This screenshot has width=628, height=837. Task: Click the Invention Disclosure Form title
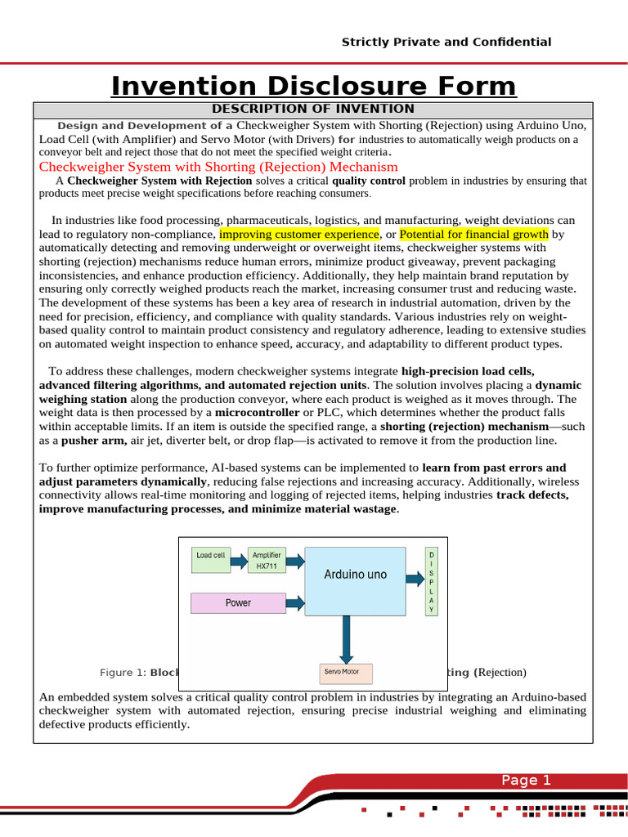point(314,86)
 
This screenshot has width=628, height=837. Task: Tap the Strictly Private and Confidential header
point(446,42)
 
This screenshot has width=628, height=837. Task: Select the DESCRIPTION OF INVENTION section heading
point(313,109)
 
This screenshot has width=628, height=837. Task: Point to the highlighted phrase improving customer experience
point(299,234)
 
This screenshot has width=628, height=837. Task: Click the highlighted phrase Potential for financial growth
point(474,234)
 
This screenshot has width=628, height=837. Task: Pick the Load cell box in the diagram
point(210,561)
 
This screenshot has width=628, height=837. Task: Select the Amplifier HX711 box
point(267,561)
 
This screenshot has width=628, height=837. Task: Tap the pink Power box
point(238,603)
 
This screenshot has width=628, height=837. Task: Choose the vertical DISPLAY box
point(432,582)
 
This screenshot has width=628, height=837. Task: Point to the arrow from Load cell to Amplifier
point(238,561)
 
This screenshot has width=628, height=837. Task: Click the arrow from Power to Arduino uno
point(294,603)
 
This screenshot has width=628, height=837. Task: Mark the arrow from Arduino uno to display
point(415,575)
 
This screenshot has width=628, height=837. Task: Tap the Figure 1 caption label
point(123,673)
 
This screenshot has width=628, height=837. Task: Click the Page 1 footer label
point(526,781)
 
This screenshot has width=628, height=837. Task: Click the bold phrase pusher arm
point(90,440)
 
